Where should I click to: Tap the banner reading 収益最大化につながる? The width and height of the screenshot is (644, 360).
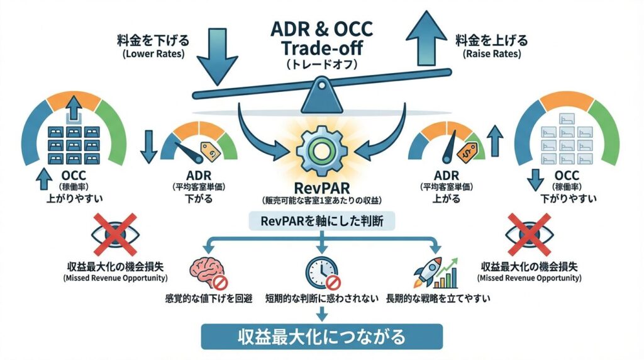pos(321,337)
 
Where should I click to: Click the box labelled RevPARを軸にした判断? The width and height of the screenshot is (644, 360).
pos(321,222)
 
